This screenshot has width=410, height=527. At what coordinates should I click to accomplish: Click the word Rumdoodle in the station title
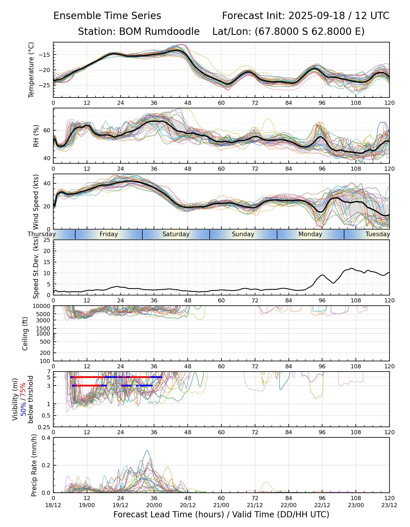pos(159,31)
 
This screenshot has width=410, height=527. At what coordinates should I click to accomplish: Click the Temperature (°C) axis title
pos(31,70)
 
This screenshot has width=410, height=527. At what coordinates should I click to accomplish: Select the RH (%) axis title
pos(36,136)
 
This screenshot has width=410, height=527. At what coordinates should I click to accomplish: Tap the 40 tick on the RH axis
pos(47,158)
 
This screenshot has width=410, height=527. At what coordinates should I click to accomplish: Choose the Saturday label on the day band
pos(176,234)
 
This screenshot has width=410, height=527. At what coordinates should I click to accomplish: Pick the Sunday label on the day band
pos(243,234)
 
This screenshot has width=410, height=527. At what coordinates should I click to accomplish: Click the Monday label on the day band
pos(310,234)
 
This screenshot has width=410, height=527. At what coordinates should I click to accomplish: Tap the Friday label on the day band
pos(109,234)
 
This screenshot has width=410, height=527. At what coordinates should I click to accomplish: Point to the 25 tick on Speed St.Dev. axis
pos(47,240)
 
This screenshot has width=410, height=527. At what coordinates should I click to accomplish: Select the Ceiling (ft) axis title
pos(25,333)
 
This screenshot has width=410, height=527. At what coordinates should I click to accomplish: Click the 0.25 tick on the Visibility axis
pos(45,427)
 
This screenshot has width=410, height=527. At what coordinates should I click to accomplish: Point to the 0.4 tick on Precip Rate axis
pos(47,438)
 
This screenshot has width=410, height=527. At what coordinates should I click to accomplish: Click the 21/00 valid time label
pos(221,505)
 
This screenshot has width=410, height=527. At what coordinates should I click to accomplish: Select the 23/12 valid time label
pos(389,505)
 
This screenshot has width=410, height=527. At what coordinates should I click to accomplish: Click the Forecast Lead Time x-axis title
pos(221,514)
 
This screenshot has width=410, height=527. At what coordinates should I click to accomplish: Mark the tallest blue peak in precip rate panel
pos(147,451)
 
